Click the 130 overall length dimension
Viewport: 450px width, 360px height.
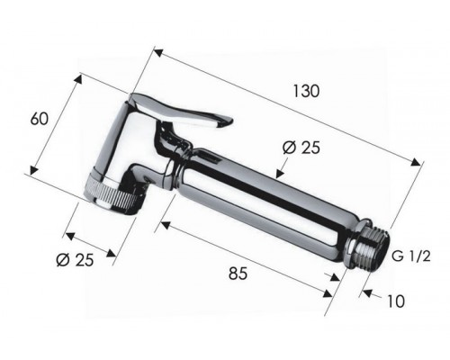(306, 91)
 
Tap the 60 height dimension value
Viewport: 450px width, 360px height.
(40, 119)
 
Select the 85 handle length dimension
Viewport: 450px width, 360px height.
(238, 274)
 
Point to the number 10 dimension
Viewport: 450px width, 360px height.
(396, 301)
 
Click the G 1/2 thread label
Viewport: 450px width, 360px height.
(411, 256)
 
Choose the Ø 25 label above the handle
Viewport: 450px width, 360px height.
(301, 148)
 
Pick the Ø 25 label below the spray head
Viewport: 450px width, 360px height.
(75, 259)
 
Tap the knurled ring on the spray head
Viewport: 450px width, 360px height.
(112, 194)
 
